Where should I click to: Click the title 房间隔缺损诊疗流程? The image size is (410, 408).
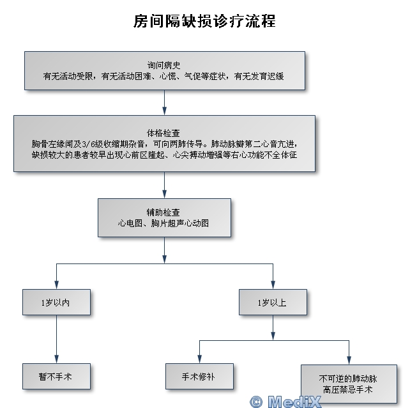[x=204, y=20]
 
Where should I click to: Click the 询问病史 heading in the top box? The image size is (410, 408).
[x=165, y=65]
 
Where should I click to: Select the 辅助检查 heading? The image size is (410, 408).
[x=163, y=212]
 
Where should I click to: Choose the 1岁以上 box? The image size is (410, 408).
[x=273, y=302]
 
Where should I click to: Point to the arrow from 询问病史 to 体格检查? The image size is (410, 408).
[x=165, y=102]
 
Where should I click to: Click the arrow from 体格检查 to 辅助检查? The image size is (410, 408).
[x=165, y=185]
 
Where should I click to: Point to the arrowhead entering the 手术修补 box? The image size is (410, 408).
[x=199, y=359]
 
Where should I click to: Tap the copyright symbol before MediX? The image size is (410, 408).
[x=256, y=401]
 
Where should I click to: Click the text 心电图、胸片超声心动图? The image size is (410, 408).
[x=163, y=224]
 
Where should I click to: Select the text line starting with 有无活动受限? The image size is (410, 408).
[x=163, y=77]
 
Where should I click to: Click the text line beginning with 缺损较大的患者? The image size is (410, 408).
[x=165, y=155]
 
